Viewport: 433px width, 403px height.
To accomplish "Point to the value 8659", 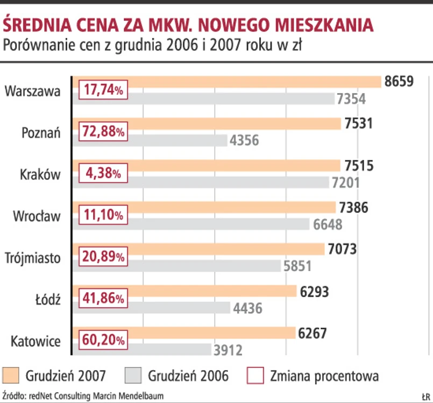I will pos(399,82).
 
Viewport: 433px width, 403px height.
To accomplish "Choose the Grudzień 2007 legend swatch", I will pos(11,375).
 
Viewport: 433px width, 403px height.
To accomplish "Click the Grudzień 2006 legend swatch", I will pos(132,375).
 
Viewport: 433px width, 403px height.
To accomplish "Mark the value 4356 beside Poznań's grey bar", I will pos(244,141).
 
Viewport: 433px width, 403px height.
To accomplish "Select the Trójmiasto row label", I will pos(34,258).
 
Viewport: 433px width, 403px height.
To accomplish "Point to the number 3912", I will pos(228,350).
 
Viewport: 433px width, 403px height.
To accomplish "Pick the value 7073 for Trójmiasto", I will pos(342,250).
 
